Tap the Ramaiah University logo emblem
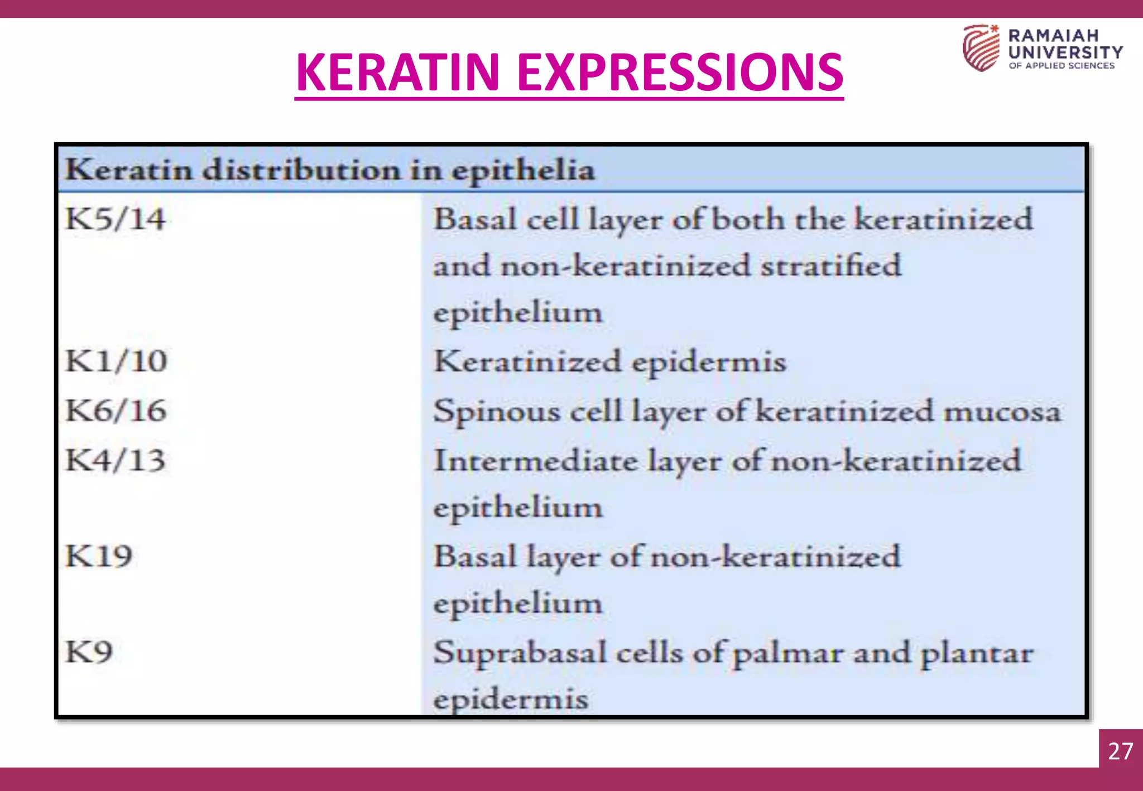[x=981, y=48]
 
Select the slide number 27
[x=1121, y=751]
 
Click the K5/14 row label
[x=115, y=219]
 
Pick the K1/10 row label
[x=116, y=361]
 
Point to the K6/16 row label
[x=116, y=411]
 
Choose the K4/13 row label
[x=115, y=461]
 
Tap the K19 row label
[x=99, y=556]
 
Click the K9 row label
[x=89, y=652]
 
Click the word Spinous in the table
[x=497, y=412]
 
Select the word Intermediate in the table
[x=536, y=461]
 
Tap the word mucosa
[x=1002, y=412]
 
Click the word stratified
[x=831, y=266]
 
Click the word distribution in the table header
[x=301, y=170]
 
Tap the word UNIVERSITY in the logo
[x=1065, y=52]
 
